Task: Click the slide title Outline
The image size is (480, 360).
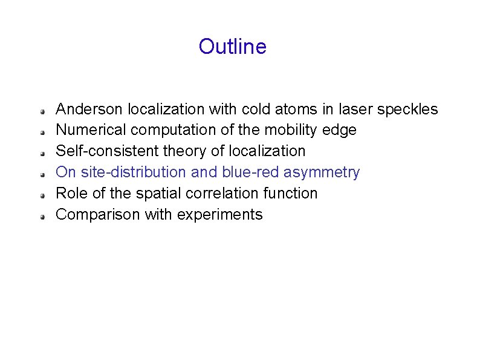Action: [232, 47]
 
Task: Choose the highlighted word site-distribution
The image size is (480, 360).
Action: [132, 172]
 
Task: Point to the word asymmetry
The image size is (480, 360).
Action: [322, 173]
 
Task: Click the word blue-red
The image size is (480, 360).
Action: [251, 172]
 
